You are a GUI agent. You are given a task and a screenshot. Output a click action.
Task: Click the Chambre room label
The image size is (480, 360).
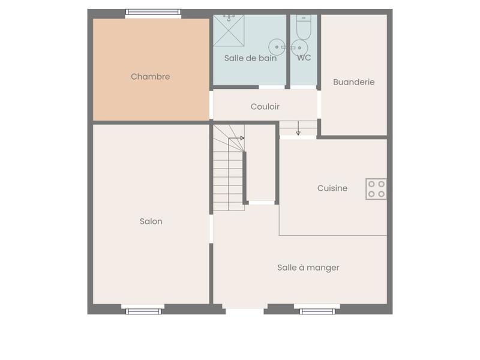[150, 77]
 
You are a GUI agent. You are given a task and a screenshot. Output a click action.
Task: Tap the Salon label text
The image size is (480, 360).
[151, 221]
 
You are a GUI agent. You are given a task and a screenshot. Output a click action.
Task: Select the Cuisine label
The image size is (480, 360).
[332, 188]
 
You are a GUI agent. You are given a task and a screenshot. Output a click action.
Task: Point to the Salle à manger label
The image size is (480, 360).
[308, 268]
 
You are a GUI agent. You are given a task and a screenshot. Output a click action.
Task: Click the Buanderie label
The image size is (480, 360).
[354, 82]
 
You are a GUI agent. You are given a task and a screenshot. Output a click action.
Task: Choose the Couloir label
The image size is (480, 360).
[265, 107]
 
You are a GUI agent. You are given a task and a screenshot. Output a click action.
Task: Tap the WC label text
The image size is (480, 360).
[304, 58]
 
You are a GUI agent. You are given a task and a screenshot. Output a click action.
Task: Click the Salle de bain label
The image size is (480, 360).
[250, 58]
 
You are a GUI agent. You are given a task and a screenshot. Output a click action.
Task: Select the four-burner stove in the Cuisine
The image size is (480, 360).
[376, 189]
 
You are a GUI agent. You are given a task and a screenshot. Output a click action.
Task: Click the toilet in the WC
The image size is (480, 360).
[304, 27]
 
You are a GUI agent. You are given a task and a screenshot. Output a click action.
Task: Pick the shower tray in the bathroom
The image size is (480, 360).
[229, 31]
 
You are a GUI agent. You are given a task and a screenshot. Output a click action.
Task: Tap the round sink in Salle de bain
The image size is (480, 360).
[277, 46]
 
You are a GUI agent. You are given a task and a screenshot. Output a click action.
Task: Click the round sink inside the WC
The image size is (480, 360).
[299, 47]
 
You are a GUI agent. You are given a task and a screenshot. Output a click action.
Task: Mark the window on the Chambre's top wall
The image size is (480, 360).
[153, 12]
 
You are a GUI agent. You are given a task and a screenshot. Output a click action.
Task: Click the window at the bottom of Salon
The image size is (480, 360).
[143, 311]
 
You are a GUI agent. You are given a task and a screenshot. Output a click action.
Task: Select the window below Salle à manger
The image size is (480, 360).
[317, 311]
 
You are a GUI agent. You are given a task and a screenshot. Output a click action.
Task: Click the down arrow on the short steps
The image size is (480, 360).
[298, 132]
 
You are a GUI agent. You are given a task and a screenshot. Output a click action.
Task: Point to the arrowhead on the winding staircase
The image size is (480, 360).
[242, 139]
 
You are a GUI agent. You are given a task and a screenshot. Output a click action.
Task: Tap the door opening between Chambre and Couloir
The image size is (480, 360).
[211, 105]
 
